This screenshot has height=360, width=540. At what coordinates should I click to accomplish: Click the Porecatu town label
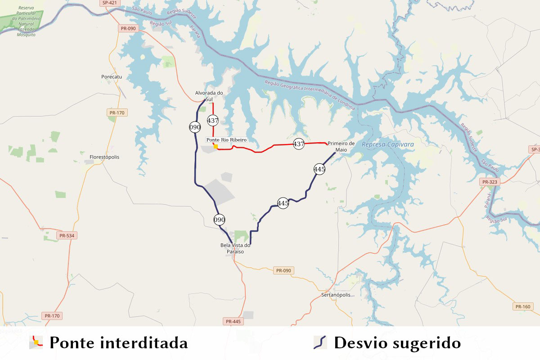coord(112,77)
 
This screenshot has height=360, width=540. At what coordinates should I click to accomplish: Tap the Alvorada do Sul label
coord(209,96)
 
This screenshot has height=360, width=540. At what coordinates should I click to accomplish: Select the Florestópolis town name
coord(104,157)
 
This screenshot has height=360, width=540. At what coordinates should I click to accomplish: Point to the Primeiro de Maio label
coord(341,146)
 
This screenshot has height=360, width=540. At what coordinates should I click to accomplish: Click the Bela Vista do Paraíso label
coord(235,248)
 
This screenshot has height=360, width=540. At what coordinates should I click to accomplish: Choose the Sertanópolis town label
coord(336,295)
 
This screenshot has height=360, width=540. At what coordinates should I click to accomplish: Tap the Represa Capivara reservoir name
coord(387,144)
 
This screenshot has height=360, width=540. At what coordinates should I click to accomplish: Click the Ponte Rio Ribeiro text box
coord(227,140)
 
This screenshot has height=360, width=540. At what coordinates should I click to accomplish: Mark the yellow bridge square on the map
coord(216,146)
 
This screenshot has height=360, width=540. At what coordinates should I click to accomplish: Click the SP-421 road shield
coord(110,3)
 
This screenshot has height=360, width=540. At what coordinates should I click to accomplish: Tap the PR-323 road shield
coord(490,182)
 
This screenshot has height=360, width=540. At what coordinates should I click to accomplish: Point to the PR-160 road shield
coord(522,306)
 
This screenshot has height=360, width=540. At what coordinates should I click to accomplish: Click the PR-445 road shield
coord(234,321)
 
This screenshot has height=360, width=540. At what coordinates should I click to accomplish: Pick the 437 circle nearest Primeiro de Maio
coord(298,144)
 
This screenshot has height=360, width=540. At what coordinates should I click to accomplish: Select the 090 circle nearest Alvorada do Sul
coord(195,127)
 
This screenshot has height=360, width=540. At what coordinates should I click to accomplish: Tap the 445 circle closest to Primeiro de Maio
coord(319,169)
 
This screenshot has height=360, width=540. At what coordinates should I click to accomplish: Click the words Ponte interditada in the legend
coord(118,343)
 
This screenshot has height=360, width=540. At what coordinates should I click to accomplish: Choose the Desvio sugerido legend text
coord(397,343)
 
